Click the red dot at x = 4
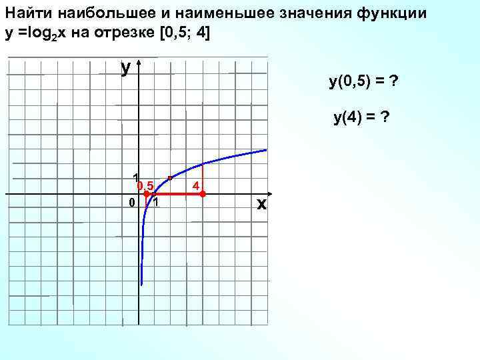click(203, 194)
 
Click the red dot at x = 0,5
click(146, 194)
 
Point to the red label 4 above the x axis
click(196, 184)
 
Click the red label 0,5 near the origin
click(146, 185)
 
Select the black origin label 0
click(132, 202)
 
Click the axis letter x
click(261, 205)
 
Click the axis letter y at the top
click(125, 67)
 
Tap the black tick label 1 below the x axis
click(155, 203)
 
